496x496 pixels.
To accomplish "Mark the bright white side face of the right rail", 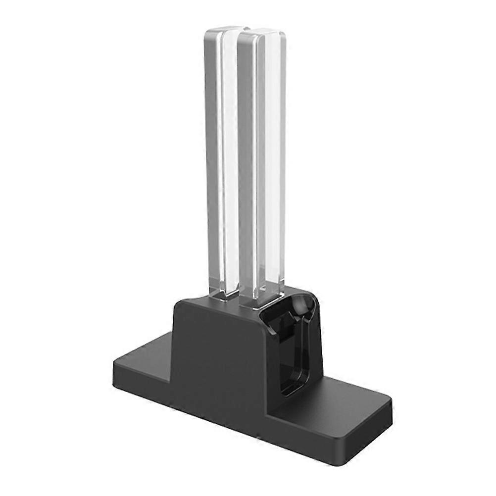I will coord(272,163).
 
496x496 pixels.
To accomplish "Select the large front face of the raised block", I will coord(218,356).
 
